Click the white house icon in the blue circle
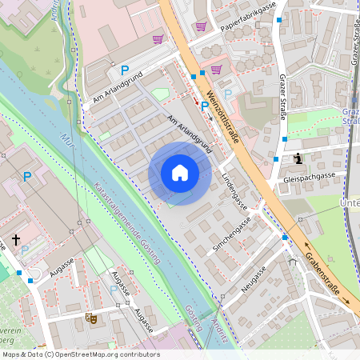click(180, 173)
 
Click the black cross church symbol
click(16, 239)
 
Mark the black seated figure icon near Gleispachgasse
click(298, 158)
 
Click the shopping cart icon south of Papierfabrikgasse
click(216, 70)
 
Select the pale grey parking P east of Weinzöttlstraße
click(228, 94)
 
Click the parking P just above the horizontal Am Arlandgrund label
click(124, 70)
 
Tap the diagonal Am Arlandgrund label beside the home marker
click(189, 133)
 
